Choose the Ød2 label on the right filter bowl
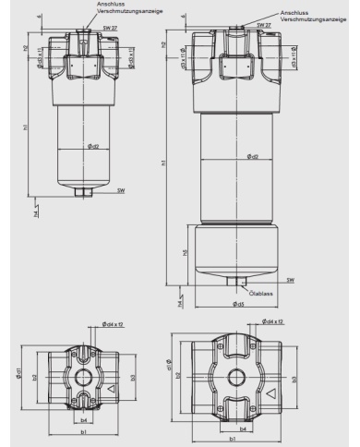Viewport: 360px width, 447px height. click(252, 156)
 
